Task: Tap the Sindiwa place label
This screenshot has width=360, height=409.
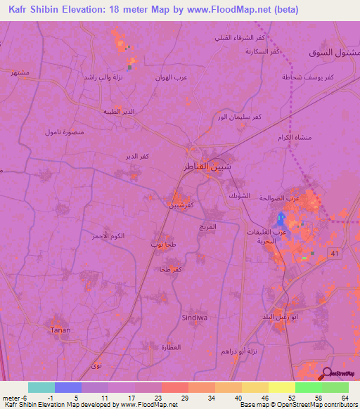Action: tap(195, 317)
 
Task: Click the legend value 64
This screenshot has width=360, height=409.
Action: tap(345, 397)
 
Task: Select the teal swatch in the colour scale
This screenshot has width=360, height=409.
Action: tap(41, 387)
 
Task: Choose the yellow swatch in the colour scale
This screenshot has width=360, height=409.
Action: tap(281, 387)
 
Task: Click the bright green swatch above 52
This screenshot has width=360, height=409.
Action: tap(308, 387)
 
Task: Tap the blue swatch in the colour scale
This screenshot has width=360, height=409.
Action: tap(68, 387)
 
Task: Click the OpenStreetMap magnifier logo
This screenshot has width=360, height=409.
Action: tap(327, 375)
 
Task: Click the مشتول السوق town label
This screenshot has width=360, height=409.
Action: tap(330, 53)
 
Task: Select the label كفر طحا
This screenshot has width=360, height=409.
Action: tap(171, 270)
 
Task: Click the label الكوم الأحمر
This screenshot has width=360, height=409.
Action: tap(108, 236)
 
